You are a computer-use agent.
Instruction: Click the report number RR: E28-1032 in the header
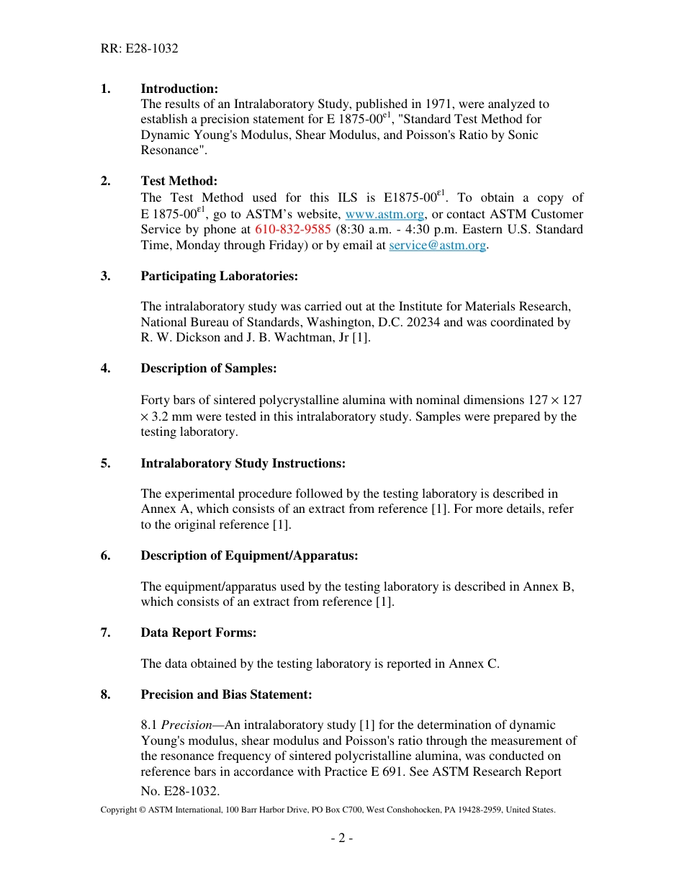(140, 49)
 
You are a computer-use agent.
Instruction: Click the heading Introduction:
(179, 89)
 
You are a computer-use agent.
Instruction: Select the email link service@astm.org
(438, 245)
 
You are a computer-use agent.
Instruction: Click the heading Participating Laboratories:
(219, 276)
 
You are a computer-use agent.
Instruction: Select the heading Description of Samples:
(208, 368)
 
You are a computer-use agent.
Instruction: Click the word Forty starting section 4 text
(155, 400)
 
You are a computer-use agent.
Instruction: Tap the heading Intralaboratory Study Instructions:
(243, 463)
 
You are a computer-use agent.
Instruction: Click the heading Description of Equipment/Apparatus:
(249, 555)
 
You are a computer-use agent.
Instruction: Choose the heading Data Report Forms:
(198, 632)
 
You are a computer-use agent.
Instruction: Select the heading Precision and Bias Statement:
(226, 694)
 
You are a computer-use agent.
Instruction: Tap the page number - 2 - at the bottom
(341, 838)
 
